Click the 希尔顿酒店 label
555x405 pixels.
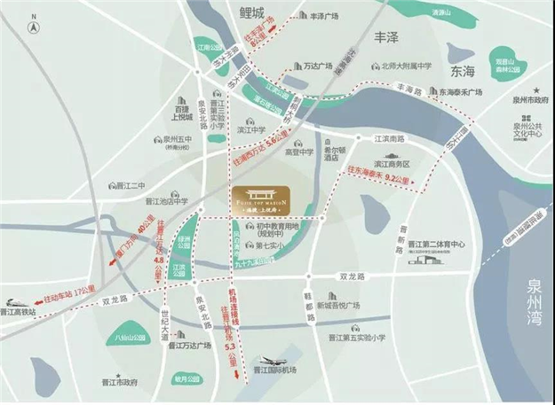[x=339, y=158]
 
